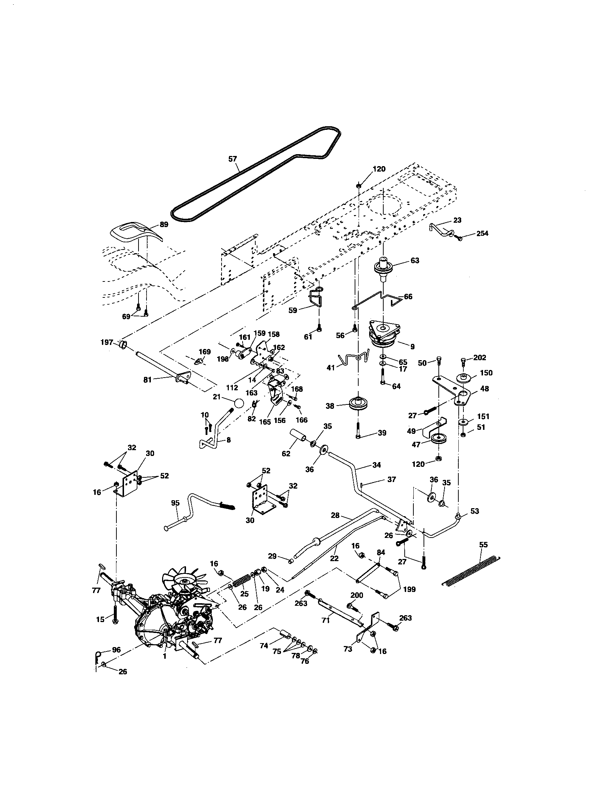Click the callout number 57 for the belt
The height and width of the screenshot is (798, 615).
(x=232, y=159)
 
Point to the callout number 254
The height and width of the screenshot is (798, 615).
(x=482, y=234)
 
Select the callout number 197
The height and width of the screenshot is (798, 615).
(x=106, y=342)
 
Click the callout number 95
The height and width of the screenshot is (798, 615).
(x=175, y=503)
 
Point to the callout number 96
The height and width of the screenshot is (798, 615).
(x=116, y=650)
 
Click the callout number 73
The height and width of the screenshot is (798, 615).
(x=348, y=649)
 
